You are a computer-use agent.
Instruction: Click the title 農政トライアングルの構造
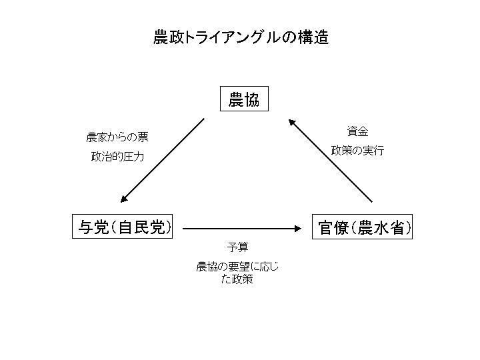tap(241, 37)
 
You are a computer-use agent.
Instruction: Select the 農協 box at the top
tap(244, 100)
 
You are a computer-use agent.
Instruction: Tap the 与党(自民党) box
tap(123, 227)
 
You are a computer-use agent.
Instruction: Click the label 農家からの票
tap(117, 137)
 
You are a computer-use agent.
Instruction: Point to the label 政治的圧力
tap(117, 157)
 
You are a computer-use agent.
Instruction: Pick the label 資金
tap(357, 131)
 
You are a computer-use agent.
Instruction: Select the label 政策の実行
tap(357, 151)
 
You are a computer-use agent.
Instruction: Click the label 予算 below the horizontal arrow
tap(237, 247)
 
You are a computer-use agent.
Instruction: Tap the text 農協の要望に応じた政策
tap(237, 273)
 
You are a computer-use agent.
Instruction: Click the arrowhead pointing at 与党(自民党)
tap(124, 199)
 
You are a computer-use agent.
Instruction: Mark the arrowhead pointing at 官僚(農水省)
tap(297, 228)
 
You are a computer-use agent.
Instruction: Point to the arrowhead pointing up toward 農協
tap(292, 121)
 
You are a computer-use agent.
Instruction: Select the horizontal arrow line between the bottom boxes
tap(240, 228)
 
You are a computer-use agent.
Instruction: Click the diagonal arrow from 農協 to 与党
tap(164, 160)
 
